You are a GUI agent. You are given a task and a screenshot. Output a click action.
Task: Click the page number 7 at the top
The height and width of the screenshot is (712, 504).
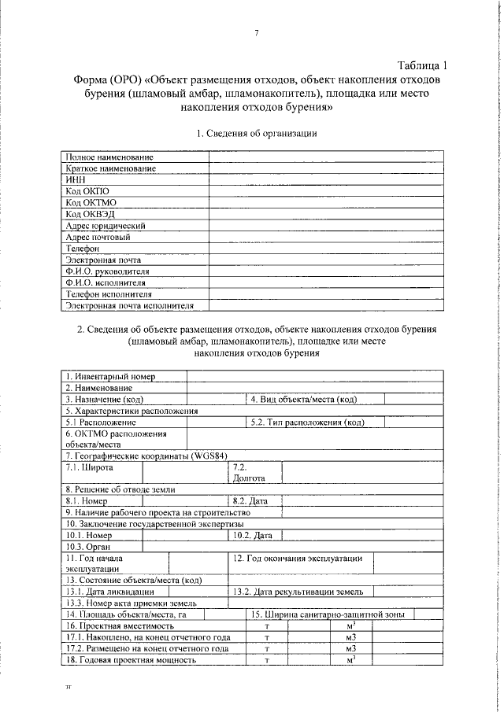(257, 33)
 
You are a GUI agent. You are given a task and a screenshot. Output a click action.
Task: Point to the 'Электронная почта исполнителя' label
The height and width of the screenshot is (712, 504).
(130, 304)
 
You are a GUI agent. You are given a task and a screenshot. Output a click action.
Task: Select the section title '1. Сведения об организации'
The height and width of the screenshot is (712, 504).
(257, 133)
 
